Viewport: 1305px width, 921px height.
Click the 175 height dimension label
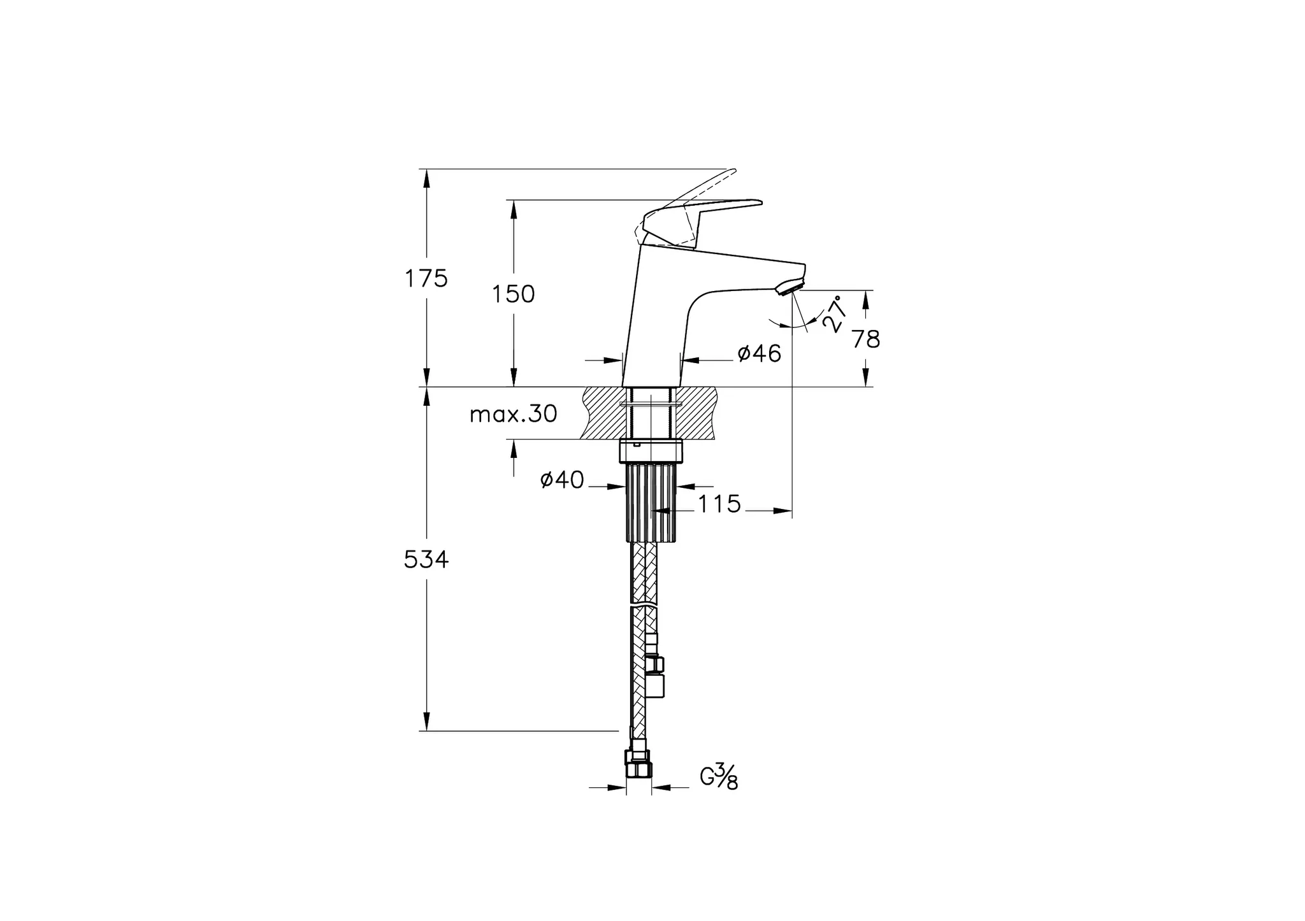pos(426,278)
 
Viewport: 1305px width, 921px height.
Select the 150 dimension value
pos(513,294)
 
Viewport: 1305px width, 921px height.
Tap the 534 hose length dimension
pos(426,560)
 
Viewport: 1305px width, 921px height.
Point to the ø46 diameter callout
pos(759,353)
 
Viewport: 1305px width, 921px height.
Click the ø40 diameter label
pos(562,480)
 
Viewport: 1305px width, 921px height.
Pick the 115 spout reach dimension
pos(719,504)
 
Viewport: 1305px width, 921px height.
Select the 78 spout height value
pos(866,339)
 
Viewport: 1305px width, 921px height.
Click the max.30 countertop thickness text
pos(513,415)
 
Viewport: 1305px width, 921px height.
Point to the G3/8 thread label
pos(719,777)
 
